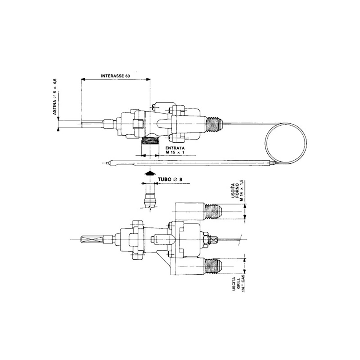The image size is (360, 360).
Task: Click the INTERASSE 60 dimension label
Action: (115, 76)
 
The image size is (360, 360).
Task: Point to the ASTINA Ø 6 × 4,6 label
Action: (55, 97)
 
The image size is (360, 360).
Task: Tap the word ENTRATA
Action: (175, 148)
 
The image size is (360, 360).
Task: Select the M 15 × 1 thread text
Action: (175, 152)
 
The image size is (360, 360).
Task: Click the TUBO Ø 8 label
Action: (170, 179)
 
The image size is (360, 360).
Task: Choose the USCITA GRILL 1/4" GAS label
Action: (237, 285)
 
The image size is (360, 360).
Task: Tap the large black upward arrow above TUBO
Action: (150, 173)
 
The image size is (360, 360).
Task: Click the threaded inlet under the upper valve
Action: (150, 140)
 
